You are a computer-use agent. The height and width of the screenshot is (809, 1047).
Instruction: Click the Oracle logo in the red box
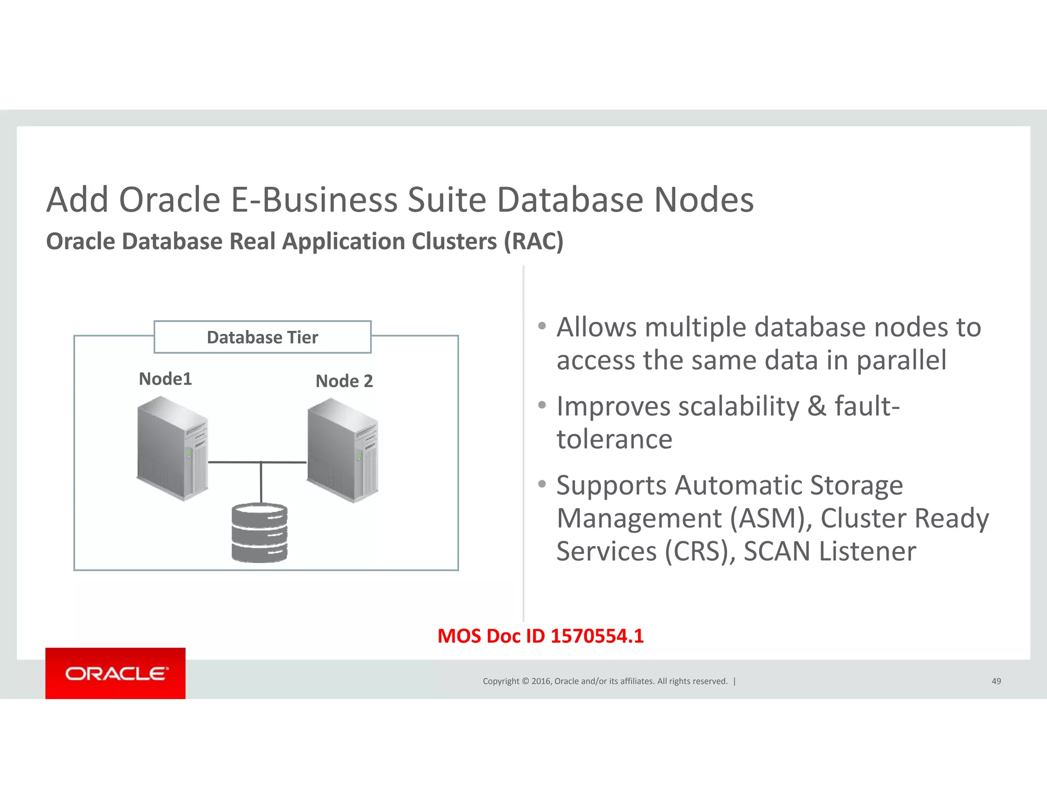click(x=116, y=673)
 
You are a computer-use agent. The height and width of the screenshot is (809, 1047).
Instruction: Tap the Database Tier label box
click(x=262, y=338)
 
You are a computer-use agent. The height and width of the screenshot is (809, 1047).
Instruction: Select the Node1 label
click(x=165, y=379)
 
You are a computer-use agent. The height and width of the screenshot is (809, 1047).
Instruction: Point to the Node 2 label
click(x=344, y=381)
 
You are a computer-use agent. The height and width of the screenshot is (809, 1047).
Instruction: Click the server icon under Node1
click(x=173, y=449)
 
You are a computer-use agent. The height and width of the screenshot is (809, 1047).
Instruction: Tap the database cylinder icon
click(x=260, y=533)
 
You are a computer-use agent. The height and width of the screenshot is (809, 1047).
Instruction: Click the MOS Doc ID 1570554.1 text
click(x=540, y=636)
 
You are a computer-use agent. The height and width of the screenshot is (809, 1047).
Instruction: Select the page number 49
click(x=996, y=681)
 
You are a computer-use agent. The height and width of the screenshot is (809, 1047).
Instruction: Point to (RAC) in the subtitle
click(x=534, y=241)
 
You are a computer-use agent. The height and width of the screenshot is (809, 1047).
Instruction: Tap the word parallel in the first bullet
click(x=901, y=360)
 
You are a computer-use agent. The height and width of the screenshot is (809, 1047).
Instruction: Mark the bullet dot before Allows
click(x=542, y=326)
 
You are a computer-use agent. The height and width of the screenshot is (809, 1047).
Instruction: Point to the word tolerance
click(x=614, y=439)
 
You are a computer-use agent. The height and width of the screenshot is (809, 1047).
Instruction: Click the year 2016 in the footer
click(x=541, y=681)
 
